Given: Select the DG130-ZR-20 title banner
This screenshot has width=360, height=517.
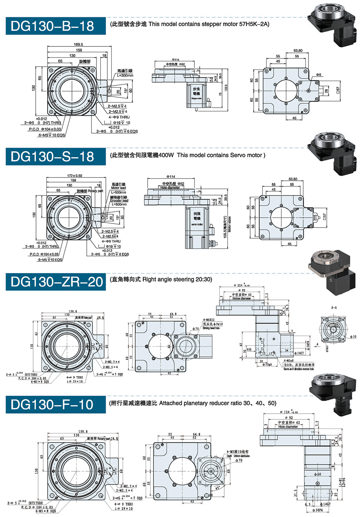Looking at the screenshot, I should tap(55, 282).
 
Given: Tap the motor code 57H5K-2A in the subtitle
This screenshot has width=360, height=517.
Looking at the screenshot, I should tap(254, 24).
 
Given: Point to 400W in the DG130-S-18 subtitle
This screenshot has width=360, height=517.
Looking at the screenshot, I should tap(166, 155).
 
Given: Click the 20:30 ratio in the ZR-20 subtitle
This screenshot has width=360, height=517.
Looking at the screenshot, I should tap(203, 279).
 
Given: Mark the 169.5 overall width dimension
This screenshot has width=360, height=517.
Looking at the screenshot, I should tap(78, 44).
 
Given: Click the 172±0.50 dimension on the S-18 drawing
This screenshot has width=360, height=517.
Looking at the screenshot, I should tap(75, 176).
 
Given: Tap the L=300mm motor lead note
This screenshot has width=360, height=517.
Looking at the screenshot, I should tap(125, 76).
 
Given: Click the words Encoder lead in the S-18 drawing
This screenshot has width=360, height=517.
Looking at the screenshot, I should tap(119, 201).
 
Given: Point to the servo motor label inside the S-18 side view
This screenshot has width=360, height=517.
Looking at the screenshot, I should tap(197, 224).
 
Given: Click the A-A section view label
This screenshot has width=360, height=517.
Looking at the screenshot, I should tap(334, 308).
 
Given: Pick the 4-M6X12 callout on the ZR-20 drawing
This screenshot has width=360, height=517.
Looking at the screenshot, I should tap(208, 320).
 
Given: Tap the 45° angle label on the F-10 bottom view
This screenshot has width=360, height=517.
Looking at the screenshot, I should tap(217, 488).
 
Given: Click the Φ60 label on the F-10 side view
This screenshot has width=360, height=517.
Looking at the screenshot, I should tap(318, 474).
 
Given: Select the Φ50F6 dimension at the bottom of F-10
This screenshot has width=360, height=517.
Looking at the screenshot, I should tap(318, 510).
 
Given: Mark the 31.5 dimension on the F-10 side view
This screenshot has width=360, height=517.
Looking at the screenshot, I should tap(296, 493).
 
